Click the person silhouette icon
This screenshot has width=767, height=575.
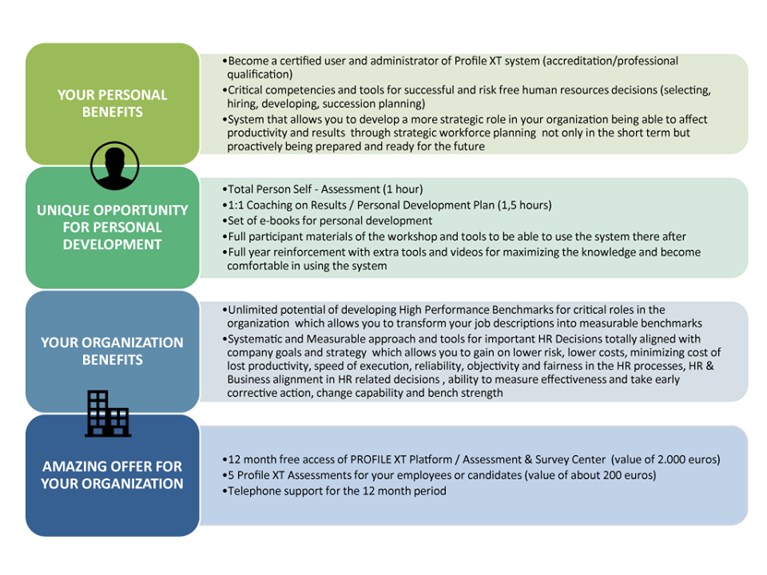click(x=114, y=166)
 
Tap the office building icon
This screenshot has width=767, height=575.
click(x=108, y=414)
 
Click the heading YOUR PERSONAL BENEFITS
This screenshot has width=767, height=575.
click(x=113, y=104)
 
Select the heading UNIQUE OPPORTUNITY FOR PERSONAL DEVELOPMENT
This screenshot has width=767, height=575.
click(x=113, y=228)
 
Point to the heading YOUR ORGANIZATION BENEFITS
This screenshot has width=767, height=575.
click(x=113, y=351)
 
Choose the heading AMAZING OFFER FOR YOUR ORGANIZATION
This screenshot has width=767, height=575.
click(x=113, y=474)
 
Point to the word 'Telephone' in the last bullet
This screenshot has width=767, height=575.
click(x=252, y=491)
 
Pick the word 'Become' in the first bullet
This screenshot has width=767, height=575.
click(x=248, y=61)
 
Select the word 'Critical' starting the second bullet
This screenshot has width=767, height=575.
click(x=244, y=90)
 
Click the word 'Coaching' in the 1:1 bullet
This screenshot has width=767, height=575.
click(x=269, y=205)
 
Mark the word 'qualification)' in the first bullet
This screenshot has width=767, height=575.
click(x=260, y=74)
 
